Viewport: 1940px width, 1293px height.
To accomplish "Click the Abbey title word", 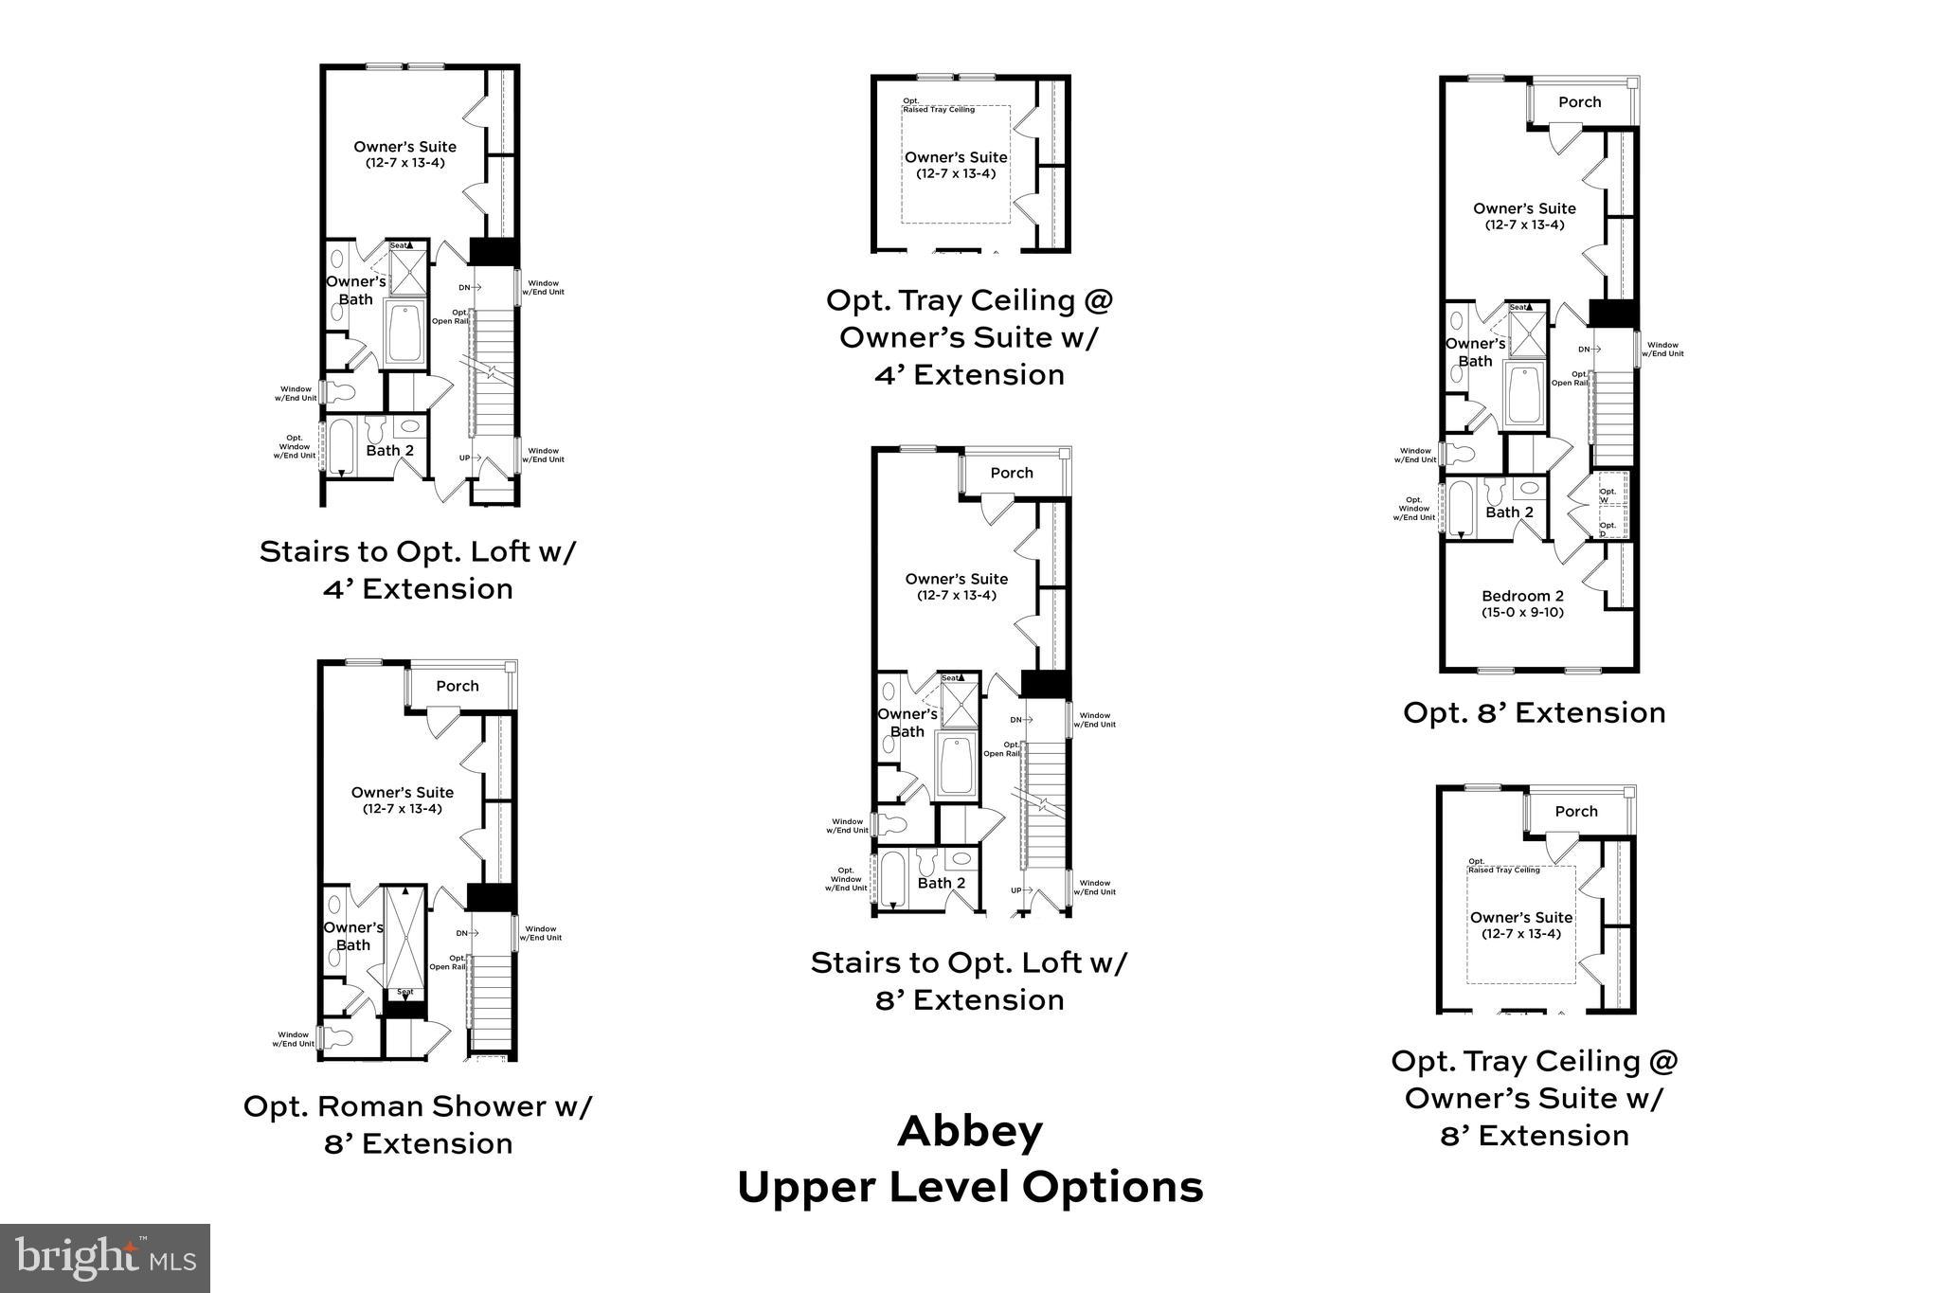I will pos(970,1131).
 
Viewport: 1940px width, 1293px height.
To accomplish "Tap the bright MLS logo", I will pos(105,1258).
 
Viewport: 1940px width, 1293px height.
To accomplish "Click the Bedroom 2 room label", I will pos(1522,603).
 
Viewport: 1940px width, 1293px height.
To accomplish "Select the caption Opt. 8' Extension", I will pos(1534,712).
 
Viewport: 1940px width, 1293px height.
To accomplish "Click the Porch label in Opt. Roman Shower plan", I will pos(458,686).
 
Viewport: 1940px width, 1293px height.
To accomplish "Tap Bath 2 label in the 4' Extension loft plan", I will pos(389,450).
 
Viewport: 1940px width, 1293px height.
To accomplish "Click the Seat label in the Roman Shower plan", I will pos(404,993).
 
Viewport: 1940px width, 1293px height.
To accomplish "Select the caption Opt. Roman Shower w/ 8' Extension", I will pos(418,1124).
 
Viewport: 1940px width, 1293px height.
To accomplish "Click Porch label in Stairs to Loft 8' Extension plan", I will pos(1012,473).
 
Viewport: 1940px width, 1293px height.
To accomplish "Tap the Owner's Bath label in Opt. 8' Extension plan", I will pos(1475,352).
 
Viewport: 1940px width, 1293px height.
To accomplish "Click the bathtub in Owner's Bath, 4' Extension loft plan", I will pos(405,333).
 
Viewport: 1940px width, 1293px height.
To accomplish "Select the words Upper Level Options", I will pos(970,1187).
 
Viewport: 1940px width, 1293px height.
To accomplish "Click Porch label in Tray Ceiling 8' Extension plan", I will pos(1576,811).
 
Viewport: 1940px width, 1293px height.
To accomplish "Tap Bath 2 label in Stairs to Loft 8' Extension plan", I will pos(941,883).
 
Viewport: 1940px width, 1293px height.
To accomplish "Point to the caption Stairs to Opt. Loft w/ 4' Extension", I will pos(418,569).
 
